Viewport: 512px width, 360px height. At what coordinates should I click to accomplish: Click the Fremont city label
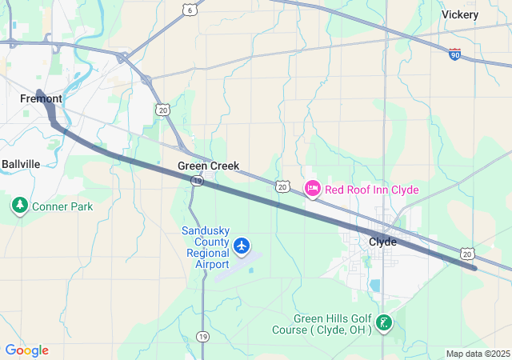click(42, 98)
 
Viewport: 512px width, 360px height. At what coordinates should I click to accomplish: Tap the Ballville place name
click(21, 164)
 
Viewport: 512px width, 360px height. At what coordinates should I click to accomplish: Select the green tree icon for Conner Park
click(20, 206)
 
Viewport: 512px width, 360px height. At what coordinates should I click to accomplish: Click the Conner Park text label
click(62, 206)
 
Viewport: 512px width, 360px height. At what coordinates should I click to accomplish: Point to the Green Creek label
click(208, 166)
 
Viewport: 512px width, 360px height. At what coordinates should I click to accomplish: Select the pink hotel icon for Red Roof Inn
click(312, 189)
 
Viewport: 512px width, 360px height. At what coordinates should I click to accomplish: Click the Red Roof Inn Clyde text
click(372, 190)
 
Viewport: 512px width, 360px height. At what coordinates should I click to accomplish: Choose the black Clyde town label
click(382, 241)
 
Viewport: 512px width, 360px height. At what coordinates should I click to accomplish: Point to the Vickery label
click(460, 14)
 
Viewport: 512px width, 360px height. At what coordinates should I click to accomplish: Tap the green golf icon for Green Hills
click(384, 324)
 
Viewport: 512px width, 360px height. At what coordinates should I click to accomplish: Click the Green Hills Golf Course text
click(333, 324)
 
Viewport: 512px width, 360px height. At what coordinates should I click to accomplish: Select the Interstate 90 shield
click(454, 54)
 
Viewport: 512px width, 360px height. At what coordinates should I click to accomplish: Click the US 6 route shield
click(190, 10)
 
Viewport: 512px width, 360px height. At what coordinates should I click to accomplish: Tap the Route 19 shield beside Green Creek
click(197, 182)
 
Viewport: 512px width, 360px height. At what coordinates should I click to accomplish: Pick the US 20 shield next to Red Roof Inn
click(282, 186)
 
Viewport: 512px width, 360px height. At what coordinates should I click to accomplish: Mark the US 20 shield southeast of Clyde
click(467, 254)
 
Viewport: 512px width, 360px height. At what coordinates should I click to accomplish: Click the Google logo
click(26, 350)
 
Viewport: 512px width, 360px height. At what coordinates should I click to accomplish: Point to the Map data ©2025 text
click(477, 354)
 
